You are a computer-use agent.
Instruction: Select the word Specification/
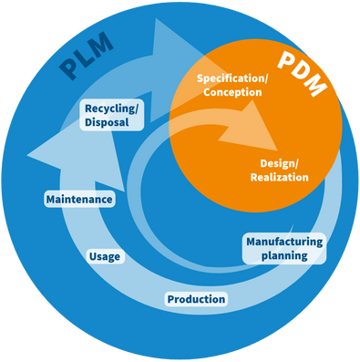tap(233, 78)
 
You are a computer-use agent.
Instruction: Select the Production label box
tap(196, 299)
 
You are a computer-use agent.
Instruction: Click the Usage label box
tap(105, 257)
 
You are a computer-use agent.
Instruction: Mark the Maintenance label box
tap(79, 199)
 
